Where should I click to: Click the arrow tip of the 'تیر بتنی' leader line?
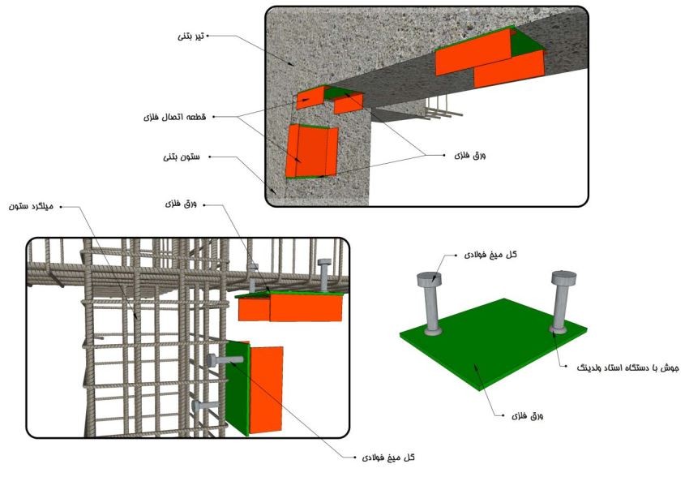[x=294, y=66]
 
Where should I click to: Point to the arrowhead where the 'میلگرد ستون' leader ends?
[x=137, y=318]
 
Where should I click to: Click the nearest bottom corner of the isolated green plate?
[x=481, y=390]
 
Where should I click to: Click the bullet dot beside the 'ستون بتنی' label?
[x=210, y=157]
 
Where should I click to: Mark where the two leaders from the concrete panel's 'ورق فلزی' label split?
[x=426, y=155]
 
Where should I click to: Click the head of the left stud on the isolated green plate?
[x=429, y=278]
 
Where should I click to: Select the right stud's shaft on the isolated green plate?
[x=559, y=306]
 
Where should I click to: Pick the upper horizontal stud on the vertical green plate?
[x=225, y=360]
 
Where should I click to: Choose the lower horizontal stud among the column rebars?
[x=204, y=406]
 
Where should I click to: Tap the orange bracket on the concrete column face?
[x=311, y=151]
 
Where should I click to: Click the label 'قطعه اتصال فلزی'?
[x=174, y=117]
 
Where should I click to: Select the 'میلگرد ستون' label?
[x=31, y=206]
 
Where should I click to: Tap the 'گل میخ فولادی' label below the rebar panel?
[x=388, y=458]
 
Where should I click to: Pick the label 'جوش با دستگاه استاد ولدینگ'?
[x=627, y=368]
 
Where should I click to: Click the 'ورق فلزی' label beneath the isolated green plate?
[x=527, y=416]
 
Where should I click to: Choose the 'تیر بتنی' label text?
[x=191, y=37]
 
